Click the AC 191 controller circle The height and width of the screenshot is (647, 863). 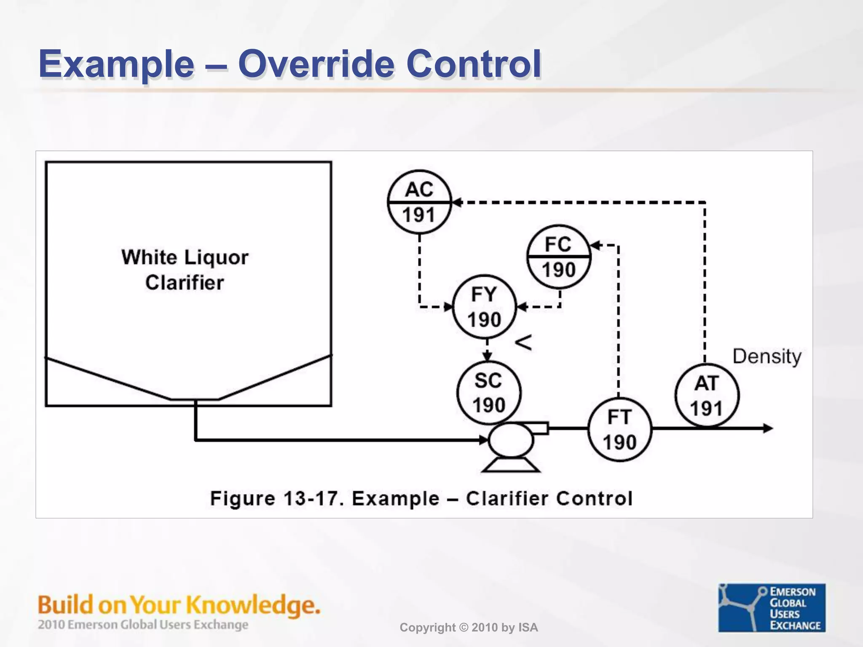(x=419, y=202)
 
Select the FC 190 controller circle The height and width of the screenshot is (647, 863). (x=559, y=257)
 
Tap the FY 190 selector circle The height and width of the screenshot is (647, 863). (x=485, y=307)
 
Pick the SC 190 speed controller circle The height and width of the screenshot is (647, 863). (x=489, y=393)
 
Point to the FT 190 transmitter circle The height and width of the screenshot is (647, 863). (x=619, y=430)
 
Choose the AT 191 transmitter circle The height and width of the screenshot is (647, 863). (x=707, y=396)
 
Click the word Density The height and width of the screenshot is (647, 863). (x=767, y=356)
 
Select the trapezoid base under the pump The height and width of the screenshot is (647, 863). (x=511, y=465)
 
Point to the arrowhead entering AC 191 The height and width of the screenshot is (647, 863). (x=457, y=202)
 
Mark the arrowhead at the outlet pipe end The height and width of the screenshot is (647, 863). (x=768, y=428)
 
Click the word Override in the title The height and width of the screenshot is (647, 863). (x=317, y=64)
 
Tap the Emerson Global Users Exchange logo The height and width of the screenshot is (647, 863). (x=772, y=607)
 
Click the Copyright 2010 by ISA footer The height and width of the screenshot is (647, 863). (x=469, y=628)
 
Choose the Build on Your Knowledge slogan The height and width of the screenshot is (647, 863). (x=179, y=605)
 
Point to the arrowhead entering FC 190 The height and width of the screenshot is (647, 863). (x=595, y=245)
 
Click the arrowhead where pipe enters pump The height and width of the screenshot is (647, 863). (x=483, y=440)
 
